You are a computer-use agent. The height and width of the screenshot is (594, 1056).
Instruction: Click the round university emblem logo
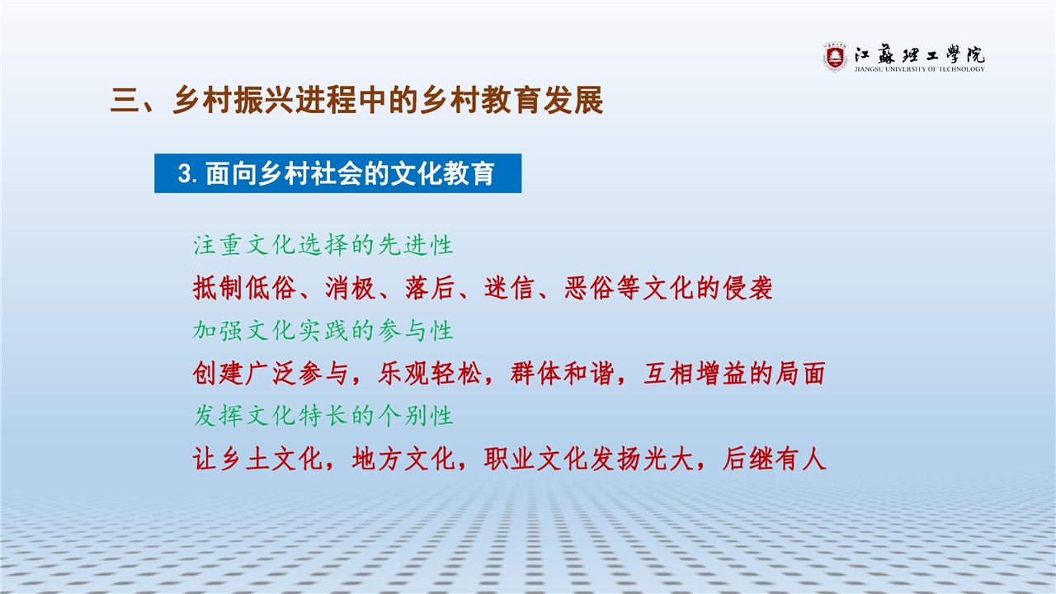coord(835,58)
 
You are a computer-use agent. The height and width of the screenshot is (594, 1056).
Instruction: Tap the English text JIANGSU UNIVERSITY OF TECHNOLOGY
coord(920,69)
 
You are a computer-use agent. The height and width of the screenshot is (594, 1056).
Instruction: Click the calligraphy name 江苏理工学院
coord(920,54)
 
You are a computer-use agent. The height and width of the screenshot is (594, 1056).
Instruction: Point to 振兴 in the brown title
coord(264,100)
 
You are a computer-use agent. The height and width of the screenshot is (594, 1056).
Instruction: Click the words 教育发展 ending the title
coord(542,100)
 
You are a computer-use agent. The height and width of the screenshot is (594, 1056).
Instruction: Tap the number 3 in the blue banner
coord(184,173)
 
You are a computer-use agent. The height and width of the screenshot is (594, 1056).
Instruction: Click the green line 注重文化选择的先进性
coord(323,245)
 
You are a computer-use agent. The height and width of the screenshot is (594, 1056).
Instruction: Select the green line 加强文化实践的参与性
coord(323,331)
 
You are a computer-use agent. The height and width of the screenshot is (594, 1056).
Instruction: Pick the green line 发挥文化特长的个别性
coord(323,416)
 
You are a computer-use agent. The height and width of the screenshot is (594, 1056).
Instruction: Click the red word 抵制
coord(218,288)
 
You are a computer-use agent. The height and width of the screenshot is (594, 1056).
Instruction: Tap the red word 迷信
coord(509,288)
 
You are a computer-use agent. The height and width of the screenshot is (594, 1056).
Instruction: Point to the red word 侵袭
coord(747,288)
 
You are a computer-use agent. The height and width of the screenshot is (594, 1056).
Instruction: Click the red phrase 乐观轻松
coord(430,374)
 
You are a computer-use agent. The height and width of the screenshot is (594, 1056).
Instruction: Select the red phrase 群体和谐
coord(563,374)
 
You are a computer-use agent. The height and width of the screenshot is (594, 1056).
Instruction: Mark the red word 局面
coord(800,374)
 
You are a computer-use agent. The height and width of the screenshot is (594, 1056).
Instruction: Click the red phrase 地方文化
coord(403,459)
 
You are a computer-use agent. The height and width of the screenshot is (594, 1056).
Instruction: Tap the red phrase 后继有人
coord(774,459)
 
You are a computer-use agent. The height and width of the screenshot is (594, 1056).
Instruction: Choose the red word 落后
coord(430,288)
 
